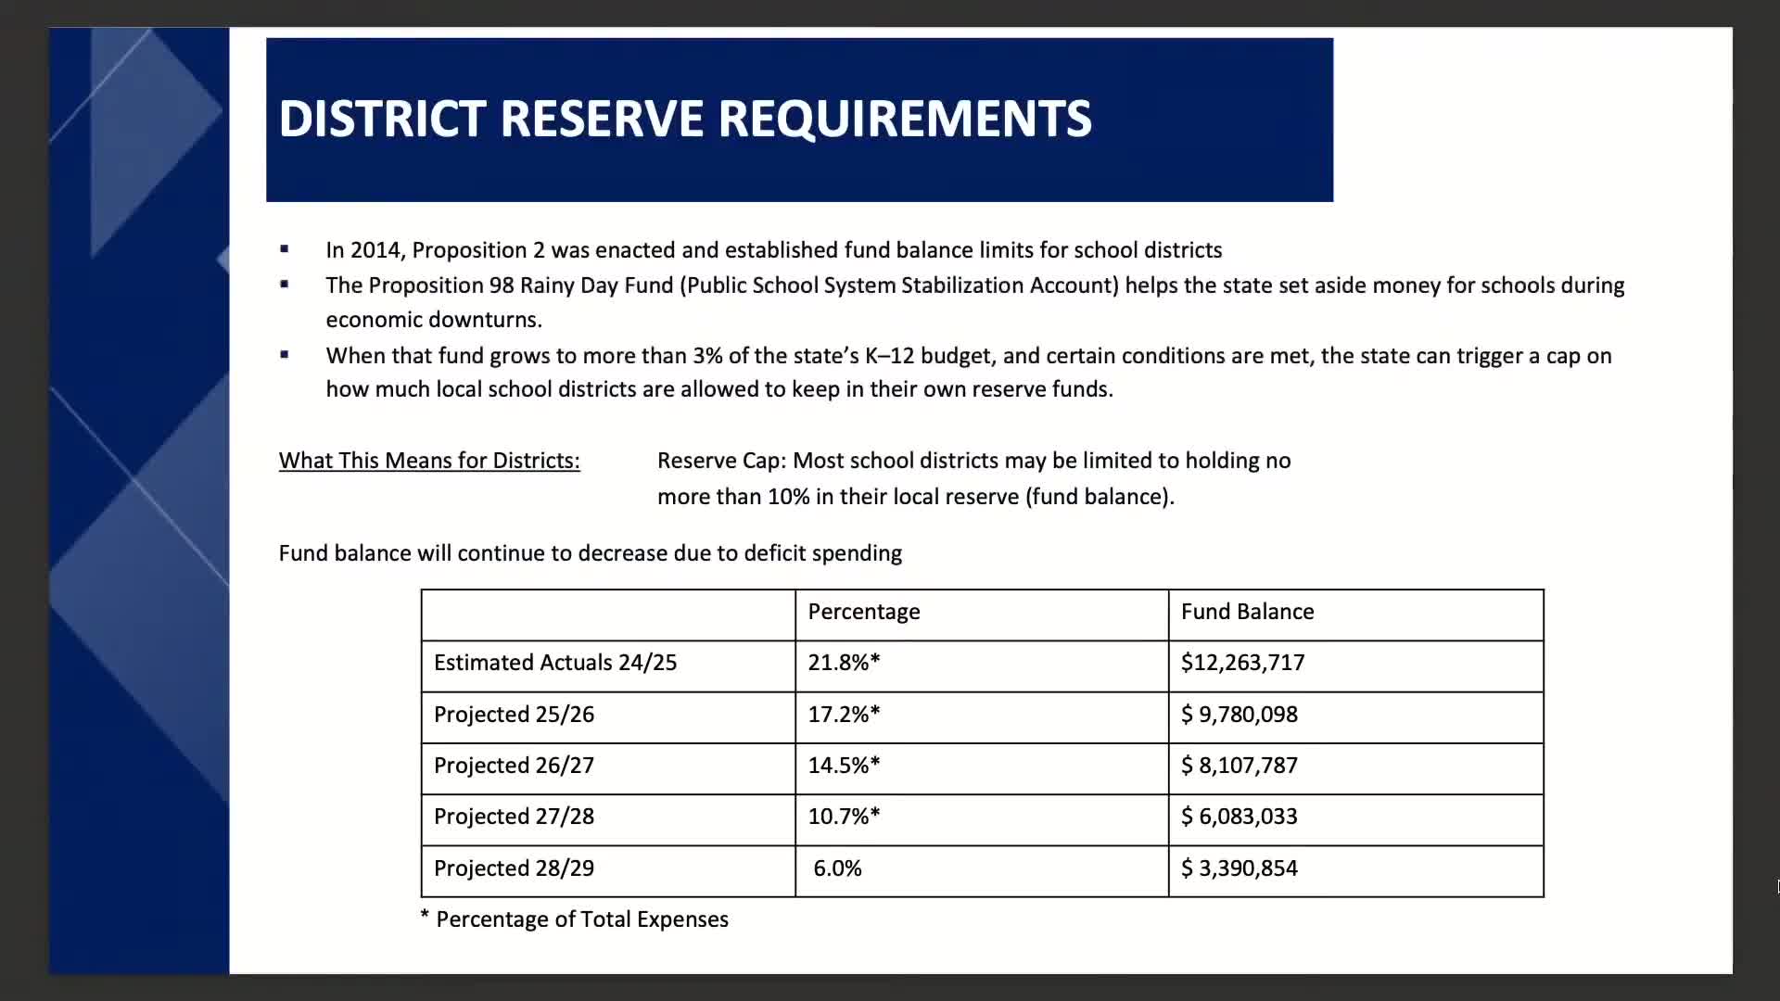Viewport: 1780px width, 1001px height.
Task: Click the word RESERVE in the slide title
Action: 602,119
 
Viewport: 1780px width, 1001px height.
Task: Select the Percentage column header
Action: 863,612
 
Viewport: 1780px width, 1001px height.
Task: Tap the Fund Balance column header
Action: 1247,612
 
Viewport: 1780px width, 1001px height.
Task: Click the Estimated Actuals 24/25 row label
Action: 554,663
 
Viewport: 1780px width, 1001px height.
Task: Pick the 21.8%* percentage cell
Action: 844,663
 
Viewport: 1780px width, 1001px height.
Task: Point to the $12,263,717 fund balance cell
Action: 1242,663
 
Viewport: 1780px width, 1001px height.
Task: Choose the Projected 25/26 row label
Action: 514,715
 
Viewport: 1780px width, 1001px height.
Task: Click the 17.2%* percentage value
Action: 844,715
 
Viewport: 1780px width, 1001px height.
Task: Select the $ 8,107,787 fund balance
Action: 1239,766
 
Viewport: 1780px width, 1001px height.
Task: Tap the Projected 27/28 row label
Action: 514,817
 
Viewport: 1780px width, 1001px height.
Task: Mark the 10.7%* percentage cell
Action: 844,817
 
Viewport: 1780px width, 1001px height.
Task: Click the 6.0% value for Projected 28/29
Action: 837,868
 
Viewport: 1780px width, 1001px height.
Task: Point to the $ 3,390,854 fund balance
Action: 1239,868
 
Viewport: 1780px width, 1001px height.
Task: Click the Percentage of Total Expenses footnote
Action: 581,919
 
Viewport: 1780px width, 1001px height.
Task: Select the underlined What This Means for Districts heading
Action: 429,461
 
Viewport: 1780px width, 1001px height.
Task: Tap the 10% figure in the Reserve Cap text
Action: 788,497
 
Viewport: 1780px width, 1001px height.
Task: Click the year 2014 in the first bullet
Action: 375,250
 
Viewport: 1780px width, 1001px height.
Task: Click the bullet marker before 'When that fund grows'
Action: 285,354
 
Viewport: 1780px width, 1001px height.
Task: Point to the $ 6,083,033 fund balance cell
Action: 1239,817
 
